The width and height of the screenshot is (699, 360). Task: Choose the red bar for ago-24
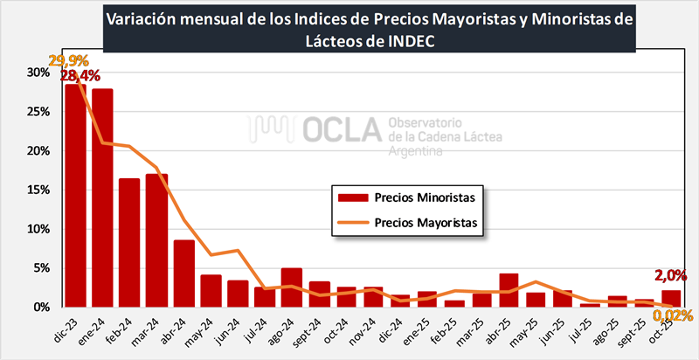[x=292, y=287]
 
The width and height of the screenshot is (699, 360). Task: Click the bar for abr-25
[x=509, y=291]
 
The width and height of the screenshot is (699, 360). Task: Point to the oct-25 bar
[x=671, y=299]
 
